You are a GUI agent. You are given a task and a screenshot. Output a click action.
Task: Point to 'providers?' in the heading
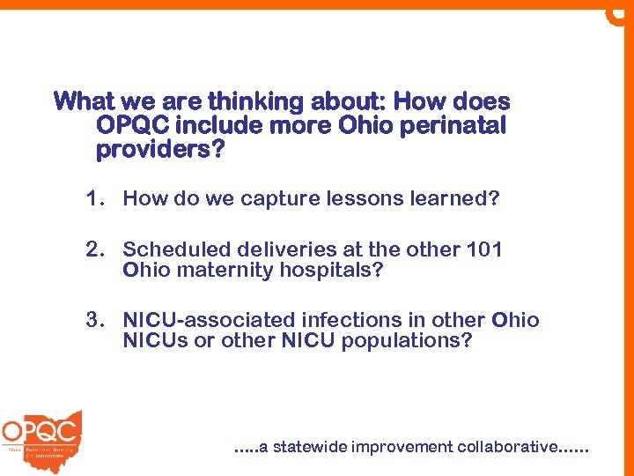click(x=160, y=151)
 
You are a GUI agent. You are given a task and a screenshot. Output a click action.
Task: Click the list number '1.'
click(x=96, y=198)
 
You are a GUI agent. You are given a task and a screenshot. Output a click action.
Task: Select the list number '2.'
click(x=96, y=249)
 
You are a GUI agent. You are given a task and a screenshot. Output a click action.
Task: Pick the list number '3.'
click(x=96, y=320)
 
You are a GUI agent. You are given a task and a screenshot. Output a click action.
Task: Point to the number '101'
click(x=484, y=249)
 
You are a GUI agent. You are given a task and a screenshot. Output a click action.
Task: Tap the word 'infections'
click(x=331, y=320)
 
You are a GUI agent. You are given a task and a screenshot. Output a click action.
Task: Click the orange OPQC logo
click(x=41, y=435)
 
